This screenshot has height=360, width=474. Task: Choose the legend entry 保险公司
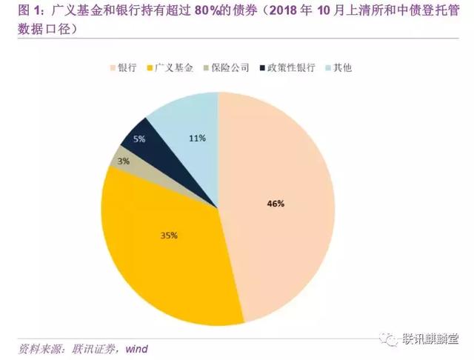pos(229,68)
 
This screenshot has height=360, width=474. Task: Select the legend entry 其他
pos(341,68)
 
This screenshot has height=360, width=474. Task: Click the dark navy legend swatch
pos(262,68)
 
